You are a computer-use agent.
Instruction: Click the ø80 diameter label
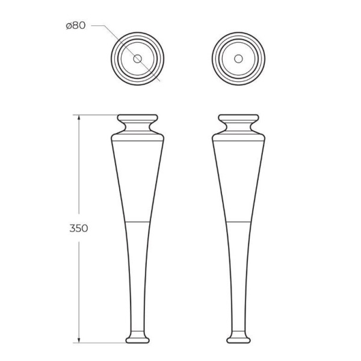pyautogui.click(x=76, y=25)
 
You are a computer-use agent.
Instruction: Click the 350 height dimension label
pyautogui.click(x=79, y=228)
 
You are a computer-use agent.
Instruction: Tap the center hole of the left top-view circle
pyautogui.click(x=137, y=59)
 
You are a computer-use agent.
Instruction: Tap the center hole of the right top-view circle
pyautogui.click(x=238, y=59)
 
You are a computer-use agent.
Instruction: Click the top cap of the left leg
pyautogui.click(x=137, y=118)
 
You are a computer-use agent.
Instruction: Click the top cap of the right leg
pyautogui.click(x=238, y=118)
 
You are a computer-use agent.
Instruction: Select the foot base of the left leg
pyautogui.click(x=137, y=340)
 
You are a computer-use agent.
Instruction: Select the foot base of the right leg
pyautogui.click(x=238, y=340)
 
